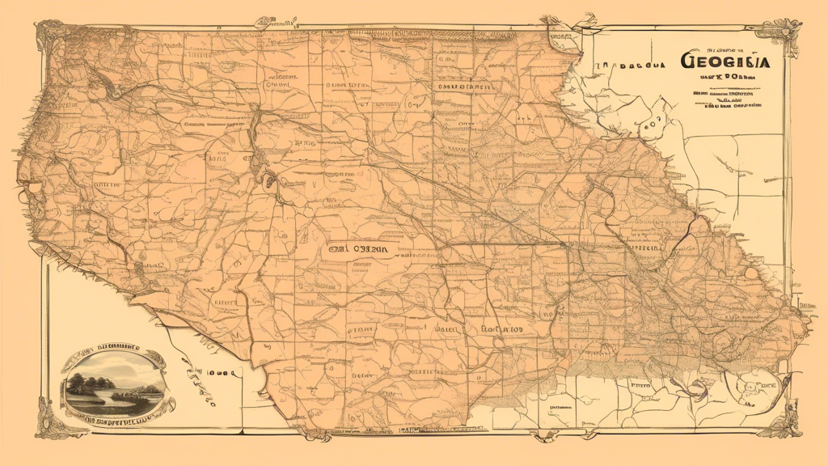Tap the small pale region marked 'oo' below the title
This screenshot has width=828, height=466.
pos(651,124)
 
